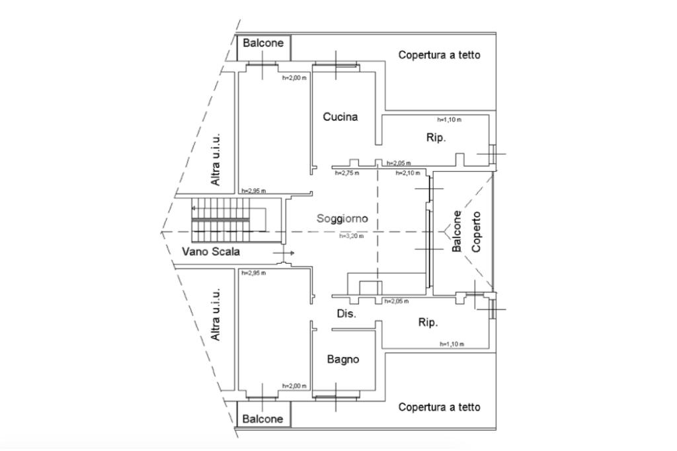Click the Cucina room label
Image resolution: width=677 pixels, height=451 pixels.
340,117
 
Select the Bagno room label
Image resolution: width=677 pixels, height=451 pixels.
343,359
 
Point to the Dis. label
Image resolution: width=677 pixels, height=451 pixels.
346,313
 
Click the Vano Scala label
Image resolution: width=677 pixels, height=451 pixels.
211,251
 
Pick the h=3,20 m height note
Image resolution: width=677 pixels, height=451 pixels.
352,236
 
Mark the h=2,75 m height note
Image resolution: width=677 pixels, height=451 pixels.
347,173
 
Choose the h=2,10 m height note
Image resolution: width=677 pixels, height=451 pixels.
408,173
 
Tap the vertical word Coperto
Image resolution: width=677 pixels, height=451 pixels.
477,231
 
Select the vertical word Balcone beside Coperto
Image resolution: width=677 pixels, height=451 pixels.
457,231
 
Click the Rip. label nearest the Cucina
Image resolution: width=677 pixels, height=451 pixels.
436,138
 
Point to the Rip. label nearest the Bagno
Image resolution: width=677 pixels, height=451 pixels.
428,323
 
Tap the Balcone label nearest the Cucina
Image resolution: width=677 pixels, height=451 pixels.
263,43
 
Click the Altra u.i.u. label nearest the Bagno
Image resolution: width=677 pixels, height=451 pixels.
216,315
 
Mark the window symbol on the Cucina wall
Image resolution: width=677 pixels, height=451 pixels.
335,65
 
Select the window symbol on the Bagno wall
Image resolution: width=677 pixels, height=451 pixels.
337,396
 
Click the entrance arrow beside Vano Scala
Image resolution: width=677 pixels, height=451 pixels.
284,253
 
